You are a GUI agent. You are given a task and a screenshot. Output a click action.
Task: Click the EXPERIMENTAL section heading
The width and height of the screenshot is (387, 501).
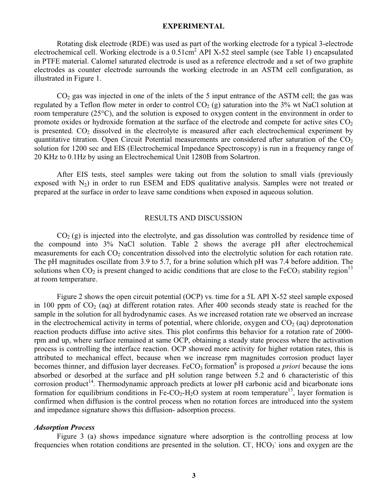tap(193, 26)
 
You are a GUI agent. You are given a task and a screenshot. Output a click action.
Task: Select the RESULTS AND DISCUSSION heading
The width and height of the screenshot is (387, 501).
tap(193, 218)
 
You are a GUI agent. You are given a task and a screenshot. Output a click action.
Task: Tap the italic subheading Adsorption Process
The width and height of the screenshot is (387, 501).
tap(64, 427)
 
